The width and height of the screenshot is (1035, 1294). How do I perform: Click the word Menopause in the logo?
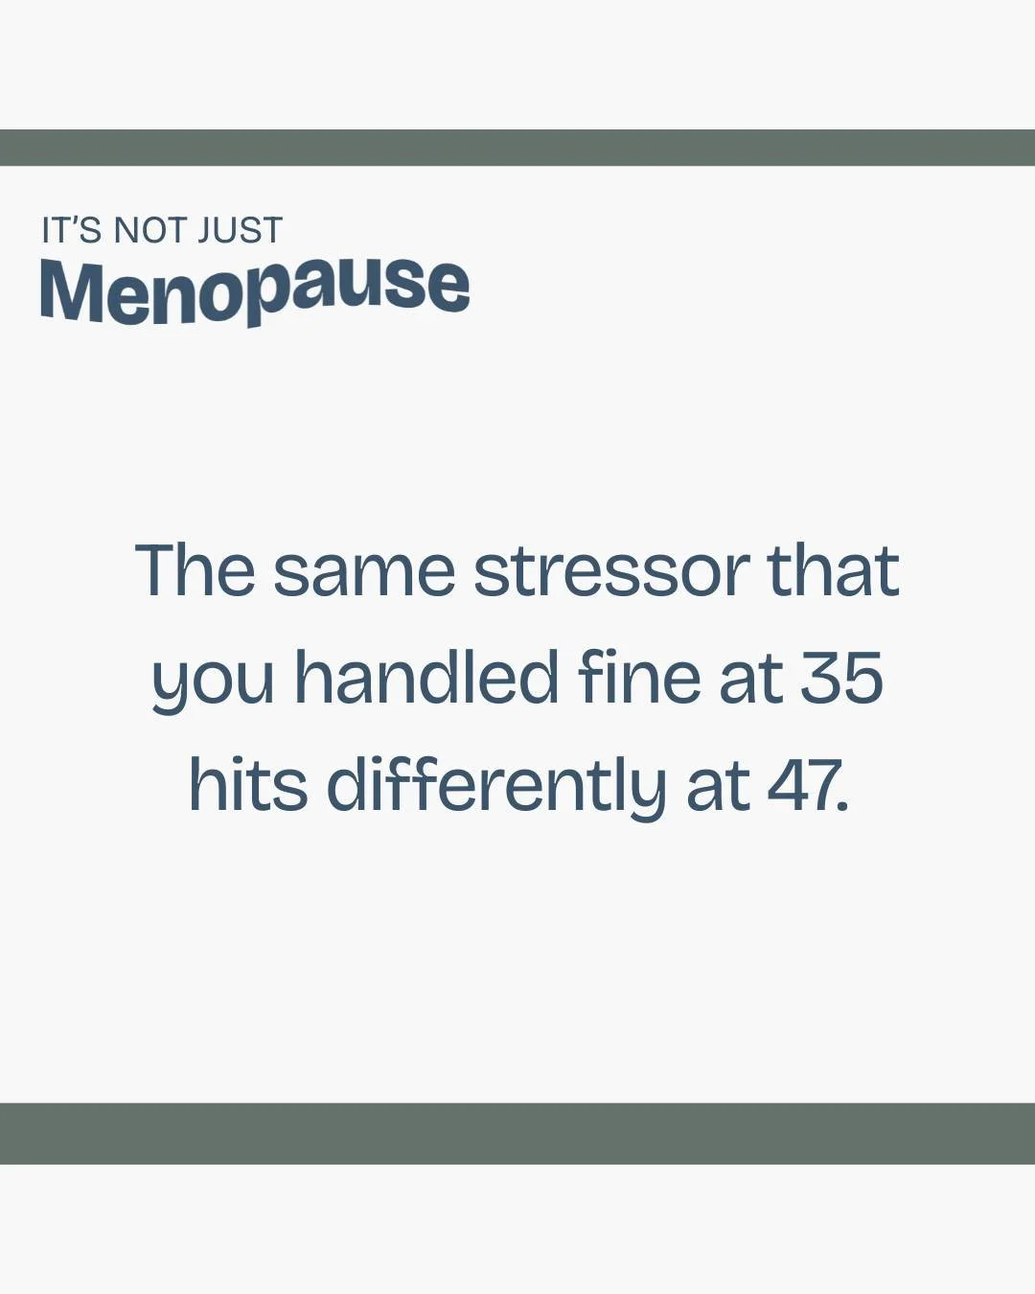(x=255, y=289)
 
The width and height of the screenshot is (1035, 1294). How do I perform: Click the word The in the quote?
(x=195, y=570)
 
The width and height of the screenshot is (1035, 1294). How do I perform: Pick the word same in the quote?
(x=363, y=570)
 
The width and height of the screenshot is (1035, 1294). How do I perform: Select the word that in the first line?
(x=833, y=570)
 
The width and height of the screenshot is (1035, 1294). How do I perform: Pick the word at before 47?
(x=718, y=786)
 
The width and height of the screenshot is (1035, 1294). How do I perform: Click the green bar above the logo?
(x=517, y=148)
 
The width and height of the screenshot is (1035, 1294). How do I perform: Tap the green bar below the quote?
(x=517, y=1133)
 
